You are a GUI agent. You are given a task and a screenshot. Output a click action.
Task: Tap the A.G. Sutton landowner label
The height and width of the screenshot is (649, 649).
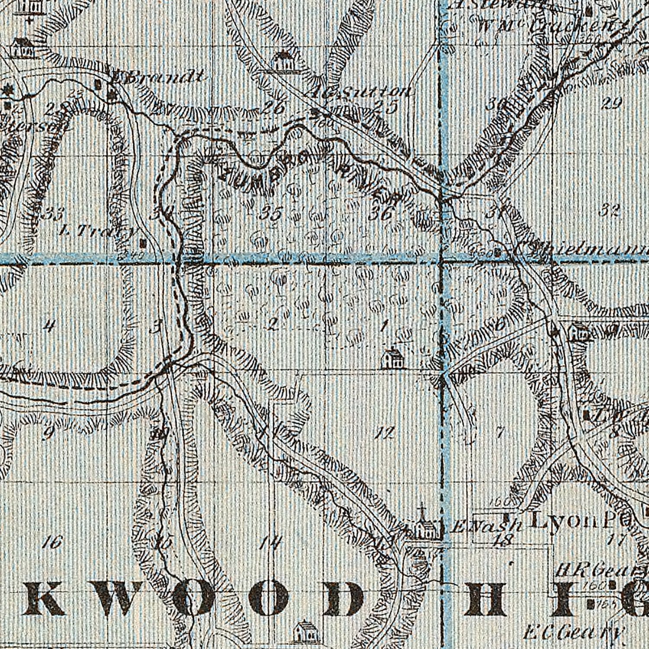click(x=360, y=92)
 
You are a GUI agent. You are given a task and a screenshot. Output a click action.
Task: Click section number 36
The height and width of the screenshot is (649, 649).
click(x=382, y=213)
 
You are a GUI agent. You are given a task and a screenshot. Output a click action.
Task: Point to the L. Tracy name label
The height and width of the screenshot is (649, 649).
click(x=97, y=232)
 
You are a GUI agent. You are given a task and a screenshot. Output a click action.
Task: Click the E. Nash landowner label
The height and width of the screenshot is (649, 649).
click(x=487, y=527)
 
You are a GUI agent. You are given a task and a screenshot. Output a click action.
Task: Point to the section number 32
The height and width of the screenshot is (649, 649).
click(x=610, y=211)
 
